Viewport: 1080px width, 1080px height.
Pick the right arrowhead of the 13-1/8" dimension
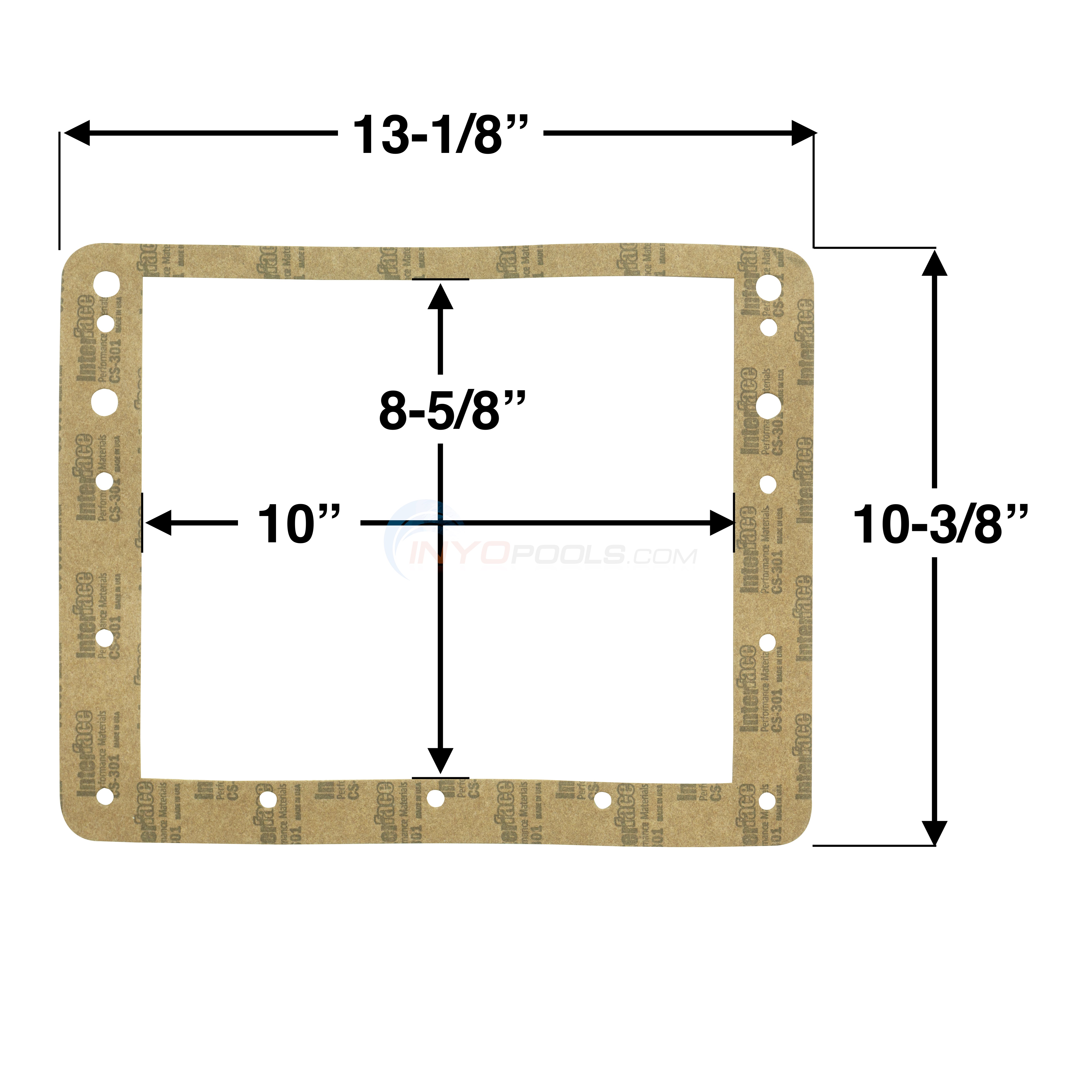pyautogui.click(x=803, y=133)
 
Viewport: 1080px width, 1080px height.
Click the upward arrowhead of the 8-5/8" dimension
pyautogui.click(x=440, y=296)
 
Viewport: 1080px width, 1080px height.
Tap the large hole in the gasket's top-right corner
pyautogui.click(x=769, y=287)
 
